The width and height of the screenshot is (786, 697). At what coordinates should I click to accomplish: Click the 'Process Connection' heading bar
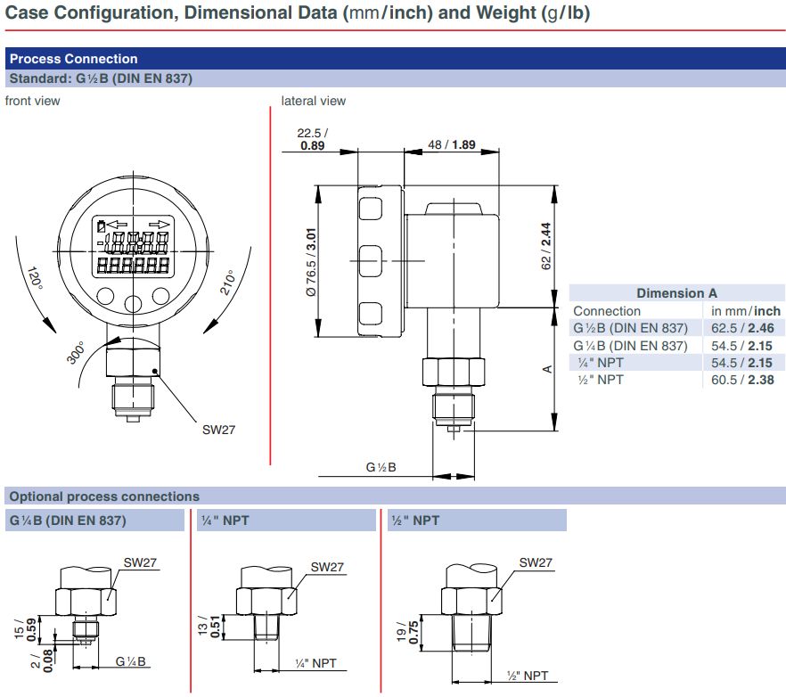pos(74,59)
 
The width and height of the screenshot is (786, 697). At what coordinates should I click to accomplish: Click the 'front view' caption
pos(33,101)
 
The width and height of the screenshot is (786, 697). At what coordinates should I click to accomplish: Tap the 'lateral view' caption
pos(314,101)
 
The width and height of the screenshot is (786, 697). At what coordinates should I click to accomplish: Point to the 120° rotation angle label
pos(34,281)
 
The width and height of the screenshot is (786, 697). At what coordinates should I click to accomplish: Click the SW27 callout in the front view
pos(218,430)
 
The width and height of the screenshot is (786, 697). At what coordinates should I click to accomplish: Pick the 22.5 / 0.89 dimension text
pos(311,139)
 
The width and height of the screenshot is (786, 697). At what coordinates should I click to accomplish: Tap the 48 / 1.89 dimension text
pos(452,145)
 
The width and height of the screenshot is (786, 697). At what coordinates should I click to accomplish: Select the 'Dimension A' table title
pos(676,293)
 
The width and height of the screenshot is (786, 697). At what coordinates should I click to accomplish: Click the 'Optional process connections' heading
pos(104,496)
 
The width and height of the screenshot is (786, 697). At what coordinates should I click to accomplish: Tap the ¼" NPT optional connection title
pos(225,520)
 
